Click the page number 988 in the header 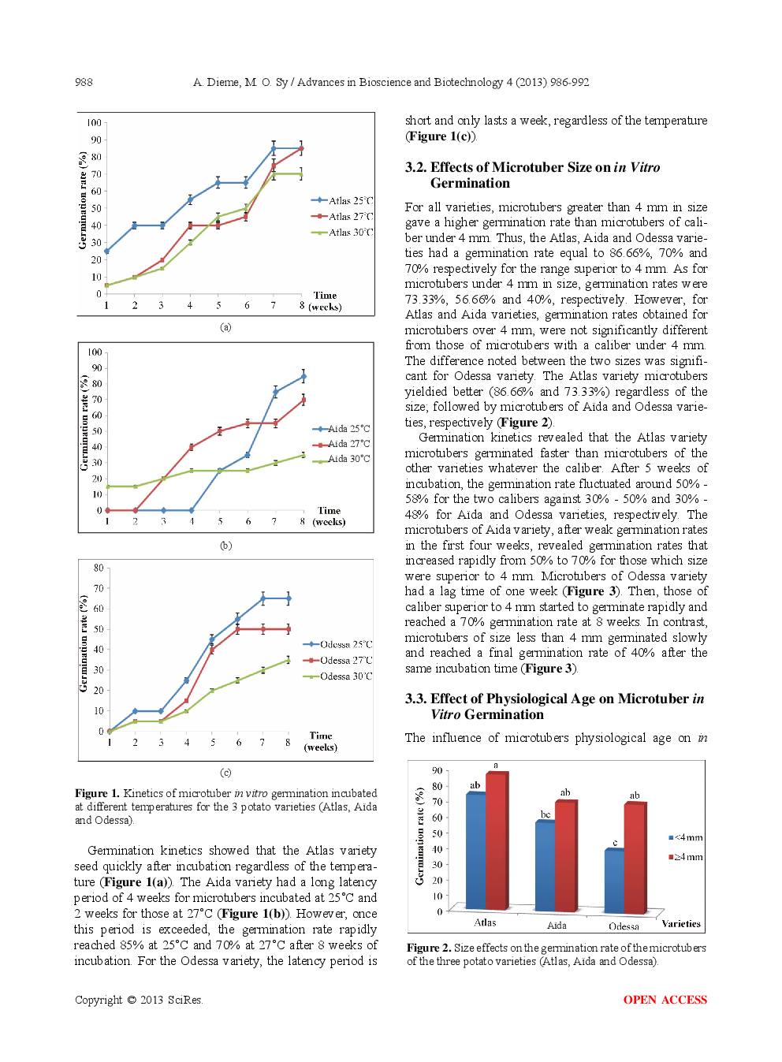(x=84, y=82)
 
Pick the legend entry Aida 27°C (x=348, y=444)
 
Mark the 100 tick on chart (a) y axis (x=94, y=123)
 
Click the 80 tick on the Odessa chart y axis (x=99, y=568)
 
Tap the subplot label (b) (x=225, y=546)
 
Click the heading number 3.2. (x=415, y=167)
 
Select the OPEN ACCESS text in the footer (x=665, y=1000)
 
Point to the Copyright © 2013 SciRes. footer (x=139, y=1000)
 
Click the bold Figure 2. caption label (x=429, y=948)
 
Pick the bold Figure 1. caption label (x=97, y=793)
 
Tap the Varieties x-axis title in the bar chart (x=680, y=923)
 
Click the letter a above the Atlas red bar (x=496, y=766)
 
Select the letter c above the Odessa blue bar (x=615, y=843)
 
